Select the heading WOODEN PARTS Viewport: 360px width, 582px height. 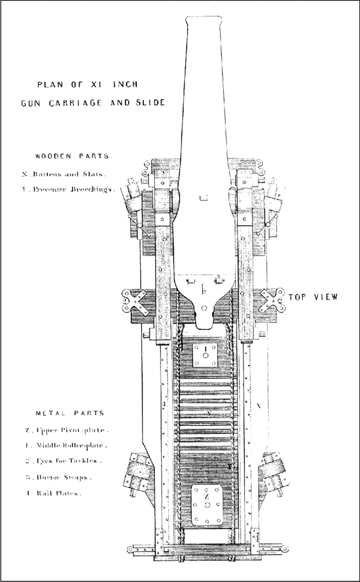point(72,155)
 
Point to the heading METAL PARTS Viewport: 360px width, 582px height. point(70,413)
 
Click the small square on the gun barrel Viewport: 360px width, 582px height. point(204,197)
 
